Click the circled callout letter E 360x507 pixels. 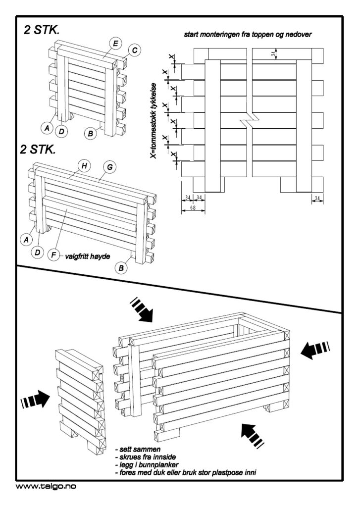pyautogui.click(x=115, y=44)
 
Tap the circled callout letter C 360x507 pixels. pyautogui.click(x=134, y=50)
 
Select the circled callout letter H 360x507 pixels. pyautogui.click(x=84, y=166)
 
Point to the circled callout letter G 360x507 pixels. pyautogui.click(x=109, y=167)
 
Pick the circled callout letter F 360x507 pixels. pyautogui.click(x=53, y=255)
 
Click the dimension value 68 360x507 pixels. pyautogui.click(x=193, y=208)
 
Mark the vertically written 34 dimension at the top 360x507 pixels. pyautogui.click(x=274, y=53)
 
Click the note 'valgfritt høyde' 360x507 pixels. pyautogui.click(x=87, y=256)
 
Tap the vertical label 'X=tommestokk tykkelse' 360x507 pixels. pyautogui.click(x=155, y=121)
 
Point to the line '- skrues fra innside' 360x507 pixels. pyautogui.click(x=146, y=457)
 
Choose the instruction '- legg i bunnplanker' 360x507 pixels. pyautogui.click(x=147, y=465)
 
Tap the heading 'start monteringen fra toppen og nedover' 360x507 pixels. pyautogui.click(x=248, y=35)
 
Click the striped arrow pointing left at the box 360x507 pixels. pyautogui.click(x=315, y=350)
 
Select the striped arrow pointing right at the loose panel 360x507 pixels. pyautogui.click(x=35, y=400)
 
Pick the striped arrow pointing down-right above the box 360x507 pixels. pyautogui.click(x=141, y=309)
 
